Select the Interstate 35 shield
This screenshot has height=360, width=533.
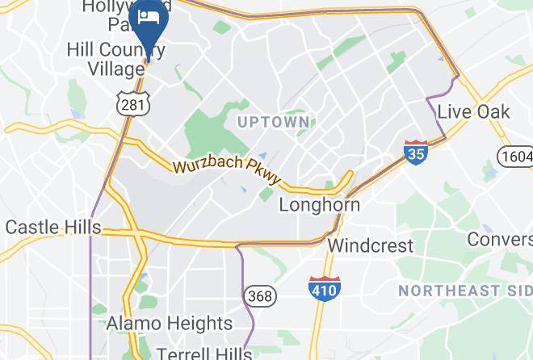416,152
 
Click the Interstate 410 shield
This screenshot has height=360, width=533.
325,288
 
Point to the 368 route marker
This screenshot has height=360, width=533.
260,296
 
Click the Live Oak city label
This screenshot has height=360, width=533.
474,111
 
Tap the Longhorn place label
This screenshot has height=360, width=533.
320,205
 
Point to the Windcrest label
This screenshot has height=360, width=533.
371,245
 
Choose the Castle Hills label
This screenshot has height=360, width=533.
53,227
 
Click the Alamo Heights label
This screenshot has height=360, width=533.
170,324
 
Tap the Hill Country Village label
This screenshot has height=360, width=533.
115,60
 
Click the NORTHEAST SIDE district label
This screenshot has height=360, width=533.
464,290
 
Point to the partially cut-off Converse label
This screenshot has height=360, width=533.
501,239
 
